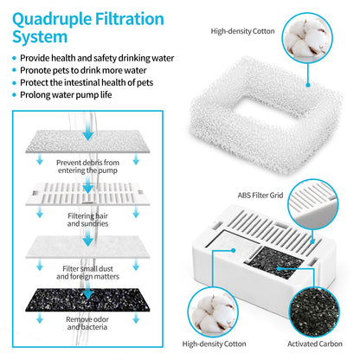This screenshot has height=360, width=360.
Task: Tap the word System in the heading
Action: pos(38,37)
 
